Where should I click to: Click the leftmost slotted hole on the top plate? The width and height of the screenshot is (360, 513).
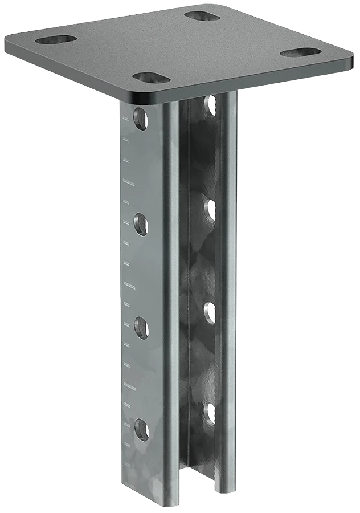[56, 39]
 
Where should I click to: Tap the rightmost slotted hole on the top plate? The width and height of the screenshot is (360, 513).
[301, 52]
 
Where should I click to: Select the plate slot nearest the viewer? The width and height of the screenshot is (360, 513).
[151, 77]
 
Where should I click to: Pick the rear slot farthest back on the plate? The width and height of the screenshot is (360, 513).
[203, 15]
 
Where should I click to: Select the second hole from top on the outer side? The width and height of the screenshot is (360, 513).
[141, 224]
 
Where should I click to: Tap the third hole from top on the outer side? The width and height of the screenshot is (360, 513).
[141, 328]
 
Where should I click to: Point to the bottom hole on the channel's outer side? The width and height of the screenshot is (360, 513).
[141, 429]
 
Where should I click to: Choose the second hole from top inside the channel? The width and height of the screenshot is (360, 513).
[209, 209]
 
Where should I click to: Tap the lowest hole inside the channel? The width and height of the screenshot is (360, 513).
[210, 413]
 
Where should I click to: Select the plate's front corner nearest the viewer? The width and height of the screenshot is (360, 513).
[140, 97]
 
